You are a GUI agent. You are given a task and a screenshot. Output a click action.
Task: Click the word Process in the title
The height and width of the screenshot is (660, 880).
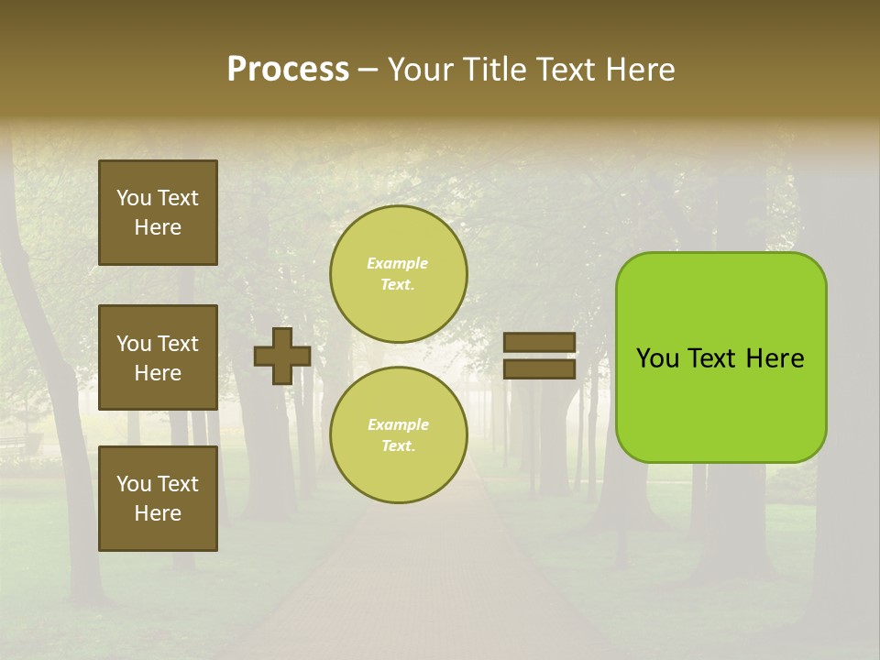point(288,70)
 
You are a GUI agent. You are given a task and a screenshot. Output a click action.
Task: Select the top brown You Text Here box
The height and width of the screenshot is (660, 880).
point(158,213)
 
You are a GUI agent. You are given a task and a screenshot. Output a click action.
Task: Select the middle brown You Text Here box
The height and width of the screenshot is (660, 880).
point(158,357)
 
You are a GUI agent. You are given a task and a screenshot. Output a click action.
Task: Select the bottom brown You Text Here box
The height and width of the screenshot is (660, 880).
point(158,498)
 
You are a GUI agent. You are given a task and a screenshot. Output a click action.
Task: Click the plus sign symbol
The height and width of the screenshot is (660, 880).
point(282,356)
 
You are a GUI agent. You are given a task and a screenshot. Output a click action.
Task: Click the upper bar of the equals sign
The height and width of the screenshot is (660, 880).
point(539,343)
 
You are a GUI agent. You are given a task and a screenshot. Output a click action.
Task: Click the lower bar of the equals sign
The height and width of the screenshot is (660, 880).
point(539,368)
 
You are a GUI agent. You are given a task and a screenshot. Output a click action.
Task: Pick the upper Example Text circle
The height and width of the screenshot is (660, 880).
point(398,273)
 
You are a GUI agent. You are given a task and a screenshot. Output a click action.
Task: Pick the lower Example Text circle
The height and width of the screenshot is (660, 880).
point(398,434)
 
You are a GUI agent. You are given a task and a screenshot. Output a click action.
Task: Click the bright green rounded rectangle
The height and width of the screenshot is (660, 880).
point(720,403)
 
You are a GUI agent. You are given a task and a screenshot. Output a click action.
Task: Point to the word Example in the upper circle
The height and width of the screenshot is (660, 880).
point(397,263)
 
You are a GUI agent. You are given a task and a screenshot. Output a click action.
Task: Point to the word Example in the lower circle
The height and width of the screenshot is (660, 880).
point(397,424)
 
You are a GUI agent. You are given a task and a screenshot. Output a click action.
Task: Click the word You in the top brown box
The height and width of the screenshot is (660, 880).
point(134,198)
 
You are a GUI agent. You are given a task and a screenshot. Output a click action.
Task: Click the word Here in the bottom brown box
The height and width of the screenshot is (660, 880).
point(158,513)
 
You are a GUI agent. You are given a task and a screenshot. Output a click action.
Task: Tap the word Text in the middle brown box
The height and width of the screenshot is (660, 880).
point(178,344)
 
